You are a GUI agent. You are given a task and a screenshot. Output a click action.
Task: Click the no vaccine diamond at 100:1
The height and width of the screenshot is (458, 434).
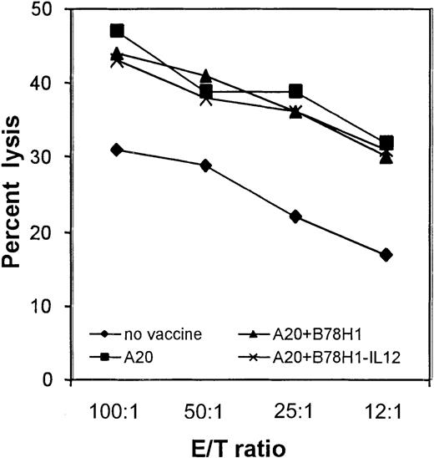[117, 150]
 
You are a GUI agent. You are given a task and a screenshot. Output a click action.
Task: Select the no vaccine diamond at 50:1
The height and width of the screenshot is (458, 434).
[206, 165]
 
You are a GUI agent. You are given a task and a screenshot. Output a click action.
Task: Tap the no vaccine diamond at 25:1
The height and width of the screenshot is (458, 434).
[295, 216]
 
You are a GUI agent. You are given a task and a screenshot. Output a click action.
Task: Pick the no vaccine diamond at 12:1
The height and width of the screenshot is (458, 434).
[385, 254]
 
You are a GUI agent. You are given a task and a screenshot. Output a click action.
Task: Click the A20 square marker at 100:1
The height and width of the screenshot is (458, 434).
[117, 31]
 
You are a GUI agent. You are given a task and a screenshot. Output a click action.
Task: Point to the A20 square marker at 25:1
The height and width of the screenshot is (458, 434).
[295, 91]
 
